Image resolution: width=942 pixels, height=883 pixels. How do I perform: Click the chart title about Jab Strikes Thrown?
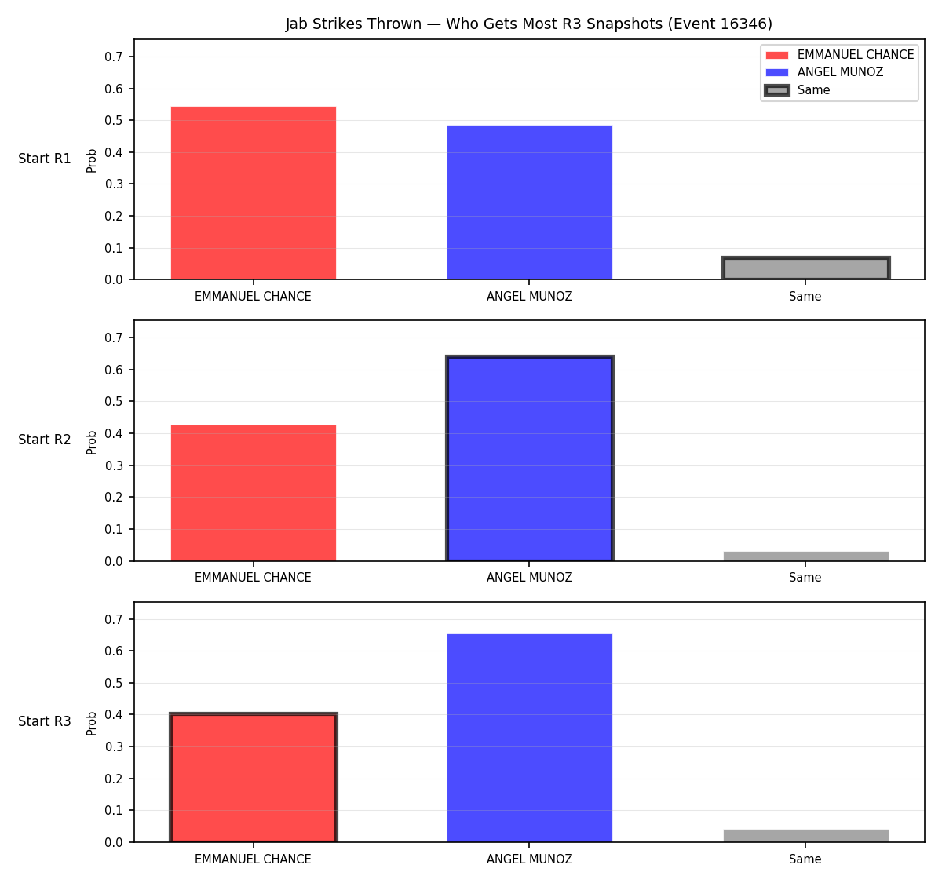click(529, 24)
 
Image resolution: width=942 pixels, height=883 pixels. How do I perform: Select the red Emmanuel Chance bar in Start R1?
click(254, 192)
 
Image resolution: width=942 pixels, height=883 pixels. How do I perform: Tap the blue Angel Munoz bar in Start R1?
click(529, 203)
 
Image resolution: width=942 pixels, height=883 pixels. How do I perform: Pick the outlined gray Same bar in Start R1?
click(805, 268)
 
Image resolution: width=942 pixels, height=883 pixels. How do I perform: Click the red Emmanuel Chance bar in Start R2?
click(254, 493)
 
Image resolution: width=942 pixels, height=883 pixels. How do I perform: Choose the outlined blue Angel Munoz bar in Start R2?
click(529, 458)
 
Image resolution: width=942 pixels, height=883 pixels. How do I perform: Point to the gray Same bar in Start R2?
click(805, 556)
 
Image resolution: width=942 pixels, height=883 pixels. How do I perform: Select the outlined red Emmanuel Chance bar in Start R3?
click(254, 777)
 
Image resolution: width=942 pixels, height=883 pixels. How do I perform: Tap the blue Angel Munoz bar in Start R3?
click(529, 738)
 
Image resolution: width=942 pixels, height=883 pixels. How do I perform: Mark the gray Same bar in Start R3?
click(805, 836)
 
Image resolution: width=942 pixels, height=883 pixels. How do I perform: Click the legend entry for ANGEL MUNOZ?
click(824, 72)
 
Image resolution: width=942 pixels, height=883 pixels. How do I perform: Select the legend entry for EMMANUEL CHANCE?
click(839, 55)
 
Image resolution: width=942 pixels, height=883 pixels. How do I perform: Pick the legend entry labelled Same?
click(798, 89)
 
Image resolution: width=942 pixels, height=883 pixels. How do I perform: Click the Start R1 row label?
click(45, 159)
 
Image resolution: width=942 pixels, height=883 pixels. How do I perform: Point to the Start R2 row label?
click(45, 440)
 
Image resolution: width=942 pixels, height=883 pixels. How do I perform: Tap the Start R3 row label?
click(45, 721)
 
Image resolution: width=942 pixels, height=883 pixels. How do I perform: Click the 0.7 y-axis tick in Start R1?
click(113, 57)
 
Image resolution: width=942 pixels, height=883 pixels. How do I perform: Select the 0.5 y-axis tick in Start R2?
click(113, 401)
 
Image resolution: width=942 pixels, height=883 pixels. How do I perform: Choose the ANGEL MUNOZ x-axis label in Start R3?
click(529, 859)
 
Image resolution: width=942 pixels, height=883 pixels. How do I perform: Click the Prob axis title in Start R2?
click(92, 442)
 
